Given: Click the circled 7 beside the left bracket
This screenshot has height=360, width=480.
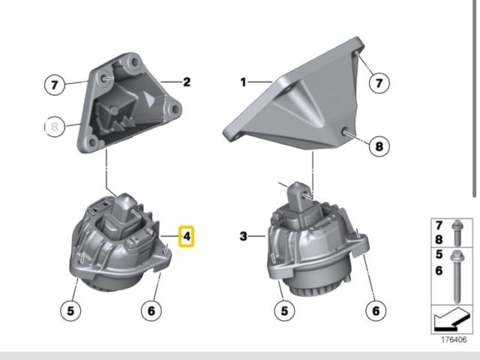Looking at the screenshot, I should point(53,85).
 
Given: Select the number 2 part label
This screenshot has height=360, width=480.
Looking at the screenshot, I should point(186,82).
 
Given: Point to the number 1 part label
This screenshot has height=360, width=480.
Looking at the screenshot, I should point(243,82).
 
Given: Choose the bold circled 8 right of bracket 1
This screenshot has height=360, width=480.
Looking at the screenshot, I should point(378,146).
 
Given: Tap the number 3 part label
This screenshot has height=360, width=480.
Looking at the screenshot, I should point(243,237).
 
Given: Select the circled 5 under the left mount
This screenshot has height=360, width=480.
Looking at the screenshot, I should point(70,309).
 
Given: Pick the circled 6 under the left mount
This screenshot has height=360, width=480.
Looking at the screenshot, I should point(151,309).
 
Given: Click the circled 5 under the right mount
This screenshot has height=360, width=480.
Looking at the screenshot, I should point(284,309).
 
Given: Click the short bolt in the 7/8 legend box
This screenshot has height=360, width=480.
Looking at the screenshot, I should point(457,233).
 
